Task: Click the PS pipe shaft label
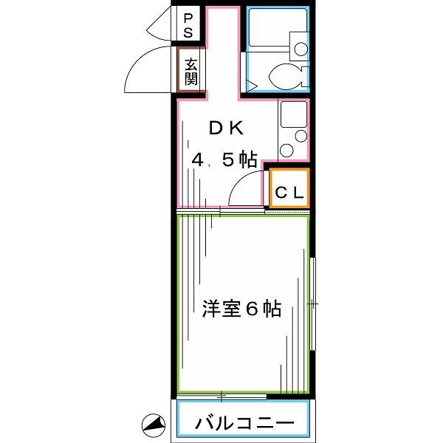188,26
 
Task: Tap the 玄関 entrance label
191,72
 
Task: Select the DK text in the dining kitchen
226,128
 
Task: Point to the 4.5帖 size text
224,160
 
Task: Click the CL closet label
289,193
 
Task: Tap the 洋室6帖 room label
241,309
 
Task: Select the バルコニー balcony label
244,423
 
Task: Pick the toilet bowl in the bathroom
285,76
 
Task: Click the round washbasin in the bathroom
301,49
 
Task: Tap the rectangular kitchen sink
294,114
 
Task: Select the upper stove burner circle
301,136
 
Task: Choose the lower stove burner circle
287,150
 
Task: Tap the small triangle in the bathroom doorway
251,86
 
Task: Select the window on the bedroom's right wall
312,303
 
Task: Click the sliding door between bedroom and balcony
221,397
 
